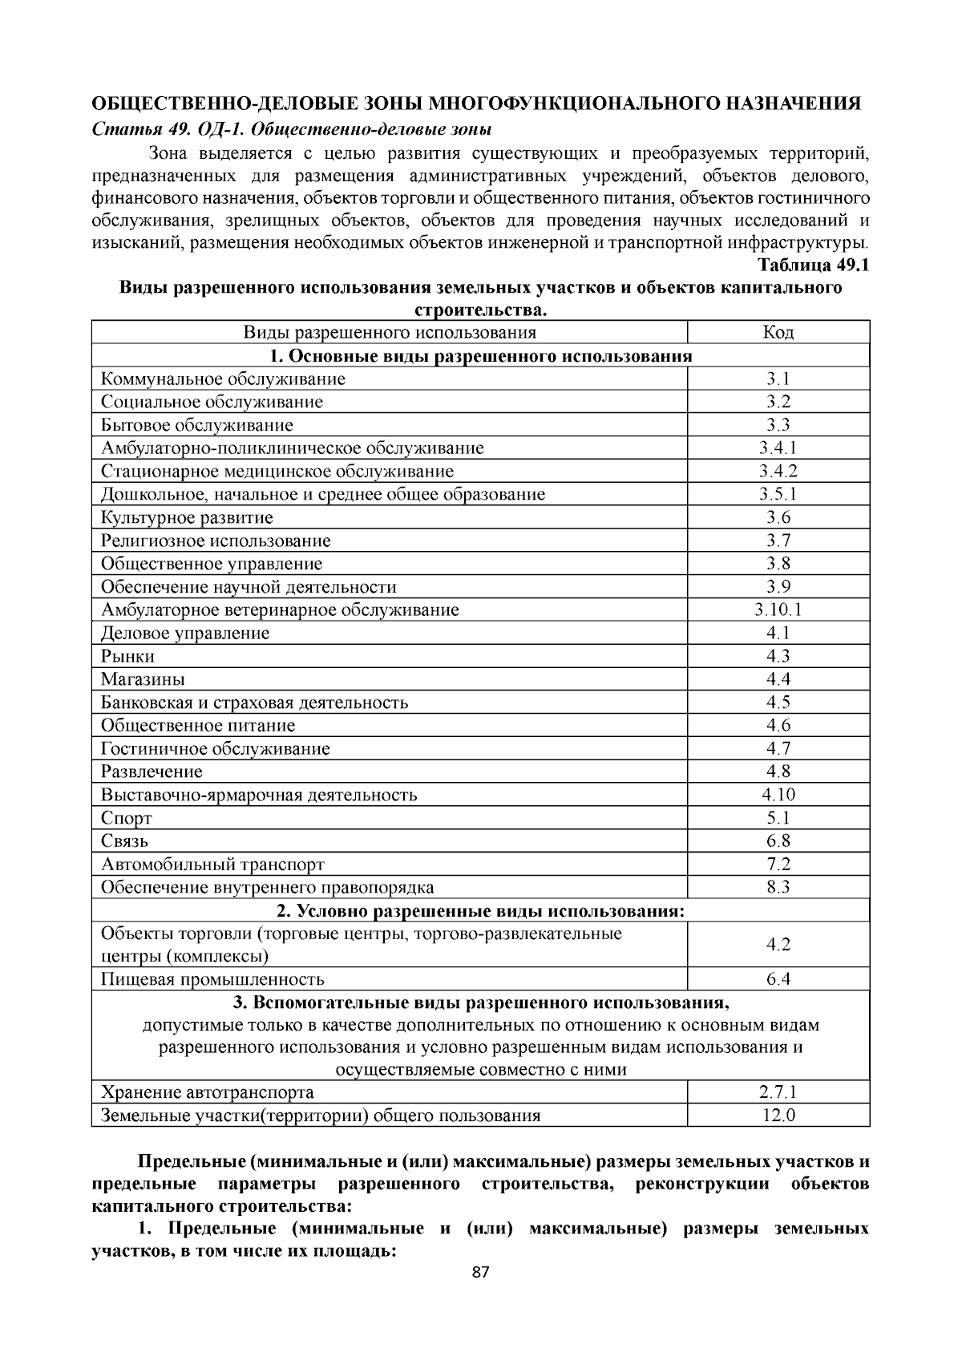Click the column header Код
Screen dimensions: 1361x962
[778, 332]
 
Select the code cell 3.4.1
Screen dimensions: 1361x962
[778, 448]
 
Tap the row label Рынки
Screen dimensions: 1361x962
[128, 656]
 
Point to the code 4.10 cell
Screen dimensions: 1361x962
[778, 795]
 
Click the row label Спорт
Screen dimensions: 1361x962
[127, 818]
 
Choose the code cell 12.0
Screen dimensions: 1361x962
[778, 1115]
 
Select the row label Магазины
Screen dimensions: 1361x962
[143, 679]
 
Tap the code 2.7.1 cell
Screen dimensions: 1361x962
[778, 1092]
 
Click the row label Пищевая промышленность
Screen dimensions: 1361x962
[212, 979]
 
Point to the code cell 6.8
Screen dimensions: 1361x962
[778, 840]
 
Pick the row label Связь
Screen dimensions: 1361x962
[125, 841]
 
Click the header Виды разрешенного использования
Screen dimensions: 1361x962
[390, 332]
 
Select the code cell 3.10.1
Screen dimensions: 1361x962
[778, 610]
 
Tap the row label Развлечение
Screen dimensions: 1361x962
[152, 772]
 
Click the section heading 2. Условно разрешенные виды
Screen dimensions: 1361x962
[480, 911]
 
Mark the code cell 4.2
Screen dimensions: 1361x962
[778, 945]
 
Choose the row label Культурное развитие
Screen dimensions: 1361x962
[187, 517]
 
